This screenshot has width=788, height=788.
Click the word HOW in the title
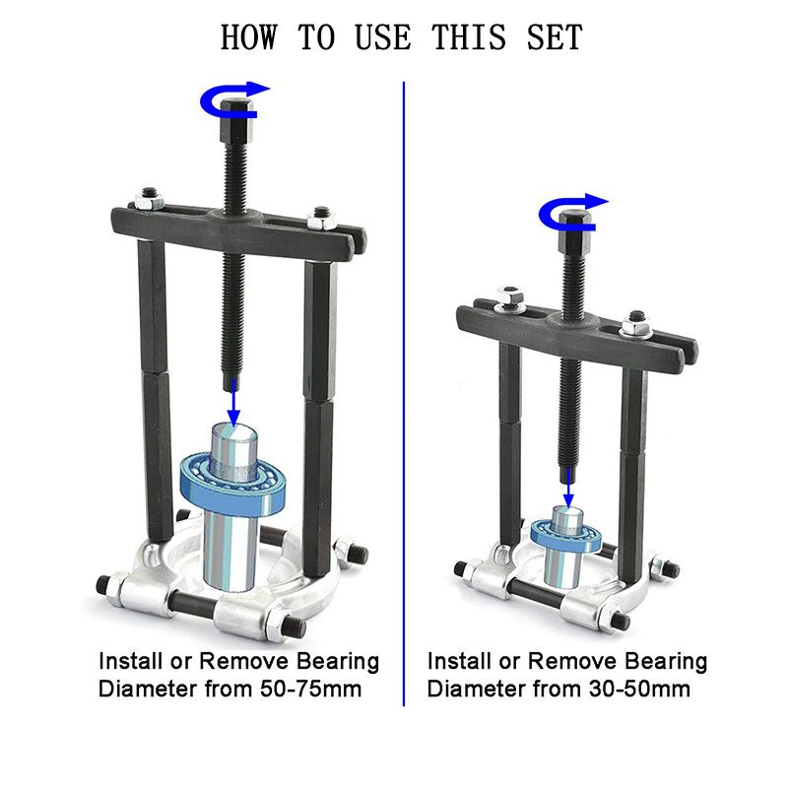(249, 36)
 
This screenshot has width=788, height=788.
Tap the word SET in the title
(555, 36)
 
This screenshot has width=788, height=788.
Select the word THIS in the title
(469, 36)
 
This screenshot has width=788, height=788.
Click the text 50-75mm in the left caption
(310, 689)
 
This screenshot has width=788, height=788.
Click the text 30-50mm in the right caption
(639, 689)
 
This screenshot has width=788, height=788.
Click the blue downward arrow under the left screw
(233, 402)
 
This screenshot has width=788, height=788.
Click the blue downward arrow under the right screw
(568, 489)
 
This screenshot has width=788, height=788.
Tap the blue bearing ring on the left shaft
(232, 484)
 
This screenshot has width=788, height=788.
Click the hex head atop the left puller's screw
(235, 120)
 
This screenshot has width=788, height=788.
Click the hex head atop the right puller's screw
(575, 232)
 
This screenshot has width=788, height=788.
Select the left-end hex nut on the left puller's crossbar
(150, 200)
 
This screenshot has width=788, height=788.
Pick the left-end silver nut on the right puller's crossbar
(510, 298)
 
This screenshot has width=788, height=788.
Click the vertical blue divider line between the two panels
(404, 393)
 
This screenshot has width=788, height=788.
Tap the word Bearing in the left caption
(337, 662)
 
